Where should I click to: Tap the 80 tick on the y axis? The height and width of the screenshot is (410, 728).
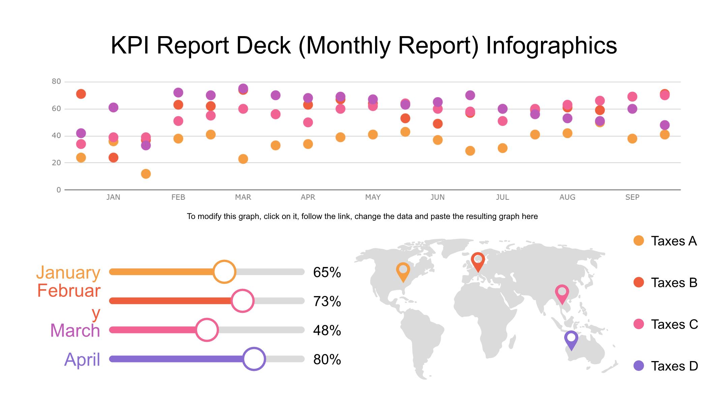coord(56,81)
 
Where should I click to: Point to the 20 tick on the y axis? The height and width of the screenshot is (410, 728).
coord(56,163)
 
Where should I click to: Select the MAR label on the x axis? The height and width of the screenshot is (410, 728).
coord(243,197)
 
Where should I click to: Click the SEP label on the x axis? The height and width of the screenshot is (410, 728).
coord(632,197)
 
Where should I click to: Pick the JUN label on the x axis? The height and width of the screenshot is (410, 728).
coord(437,197)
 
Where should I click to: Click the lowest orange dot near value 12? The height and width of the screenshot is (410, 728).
coord(146,174)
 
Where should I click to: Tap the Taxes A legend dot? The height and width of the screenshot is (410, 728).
coord(639,241)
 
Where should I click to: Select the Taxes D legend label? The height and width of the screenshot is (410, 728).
coord(674,366)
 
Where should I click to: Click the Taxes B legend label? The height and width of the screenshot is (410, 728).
coord(674,282)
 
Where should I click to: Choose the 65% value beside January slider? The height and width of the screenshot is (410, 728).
coord(327,272)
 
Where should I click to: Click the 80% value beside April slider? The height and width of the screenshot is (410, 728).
coord(327,359)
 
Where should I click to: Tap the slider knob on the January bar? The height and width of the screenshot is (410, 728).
coord(224,272)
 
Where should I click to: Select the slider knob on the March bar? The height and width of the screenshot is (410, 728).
coord(207,330)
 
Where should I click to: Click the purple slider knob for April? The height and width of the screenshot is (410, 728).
coord(254,359)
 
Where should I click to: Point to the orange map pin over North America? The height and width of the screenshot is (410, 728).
coord(403,271)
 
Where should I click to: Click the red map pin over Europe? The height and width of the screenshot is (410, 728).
coord(478,261)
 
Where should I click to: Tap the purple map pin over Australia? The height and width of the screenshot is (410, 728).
coord(571,339)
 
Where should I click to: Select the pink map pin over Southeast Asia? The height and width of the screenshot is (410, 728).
coord(562,293)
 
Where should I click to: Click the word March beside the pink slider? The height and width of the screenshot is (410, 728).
coord(75,330)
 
